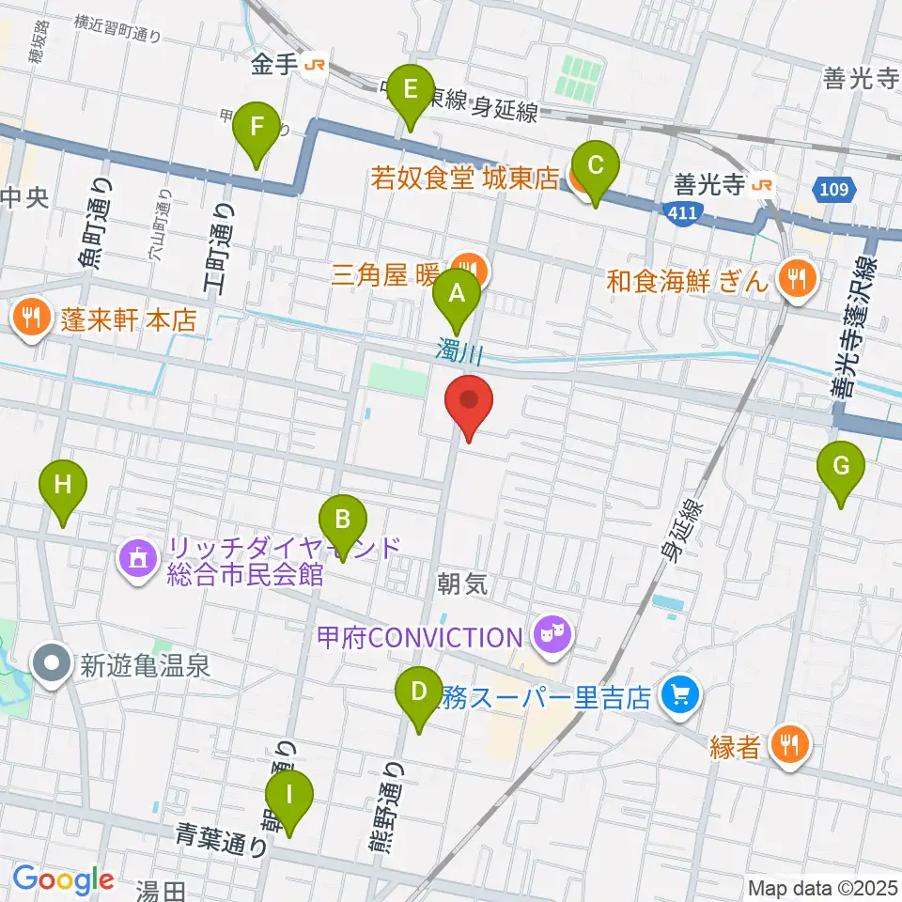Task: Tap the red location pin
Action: (x=468, y=402)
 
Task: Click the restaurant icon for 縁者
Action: (x=785, y=747)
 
